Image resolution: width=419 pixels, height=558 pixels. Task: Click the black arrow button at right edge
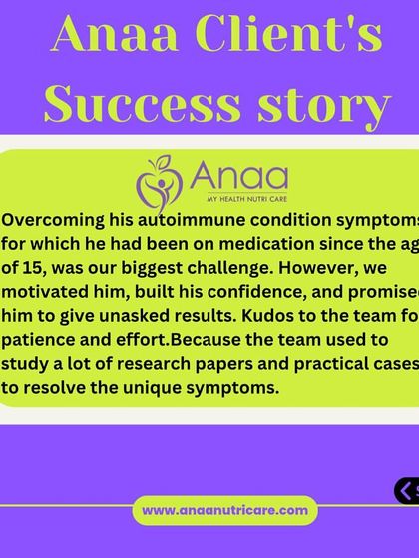[406, 489]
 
